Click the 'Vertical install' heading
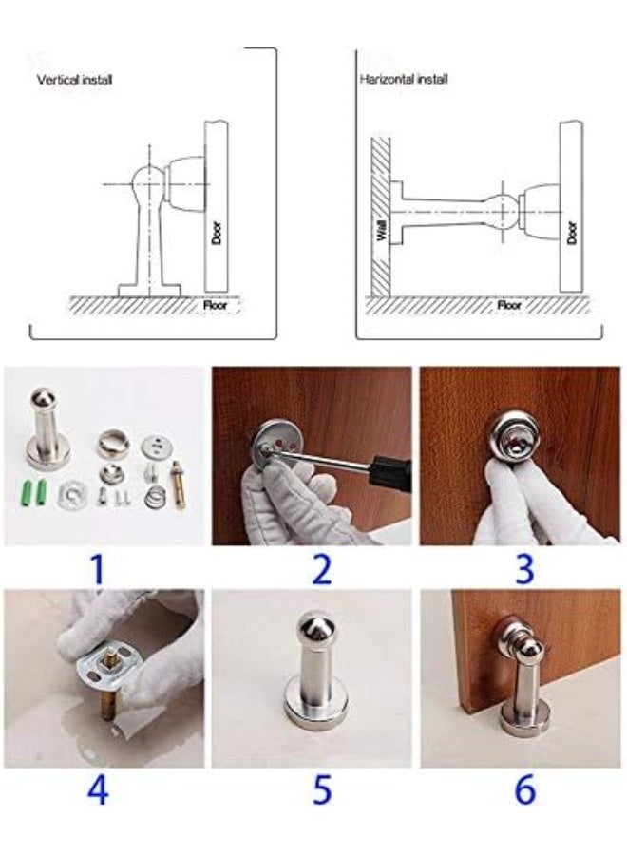point(75,80)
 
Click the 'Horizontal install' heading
point(404,79)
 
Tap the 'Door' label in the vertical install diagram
point(216,233)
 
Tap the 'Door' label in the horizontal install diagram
point(571,233)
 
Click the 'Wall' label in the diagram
point(382,230)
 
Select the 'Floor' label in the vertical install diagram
point(215,305)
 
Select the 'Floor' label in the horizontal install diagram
point(509,305)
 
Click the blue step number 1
point(97,569)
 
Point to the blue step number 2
point(322,569)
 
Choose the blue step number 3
point(524,569)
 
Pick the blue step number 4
point(98,789)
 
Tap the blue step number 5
point(322,789)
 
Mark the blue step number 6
point(524,789)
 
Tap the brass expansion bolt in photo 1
point(178,484)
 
